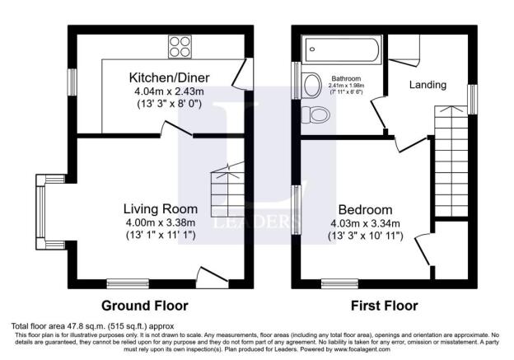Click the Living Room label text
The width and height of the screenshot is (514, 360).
[161, 207]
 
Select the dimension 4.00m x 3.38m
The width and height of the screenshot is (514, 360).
[161, 222]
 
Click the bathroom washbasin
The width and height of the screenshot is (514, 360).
[311, 84]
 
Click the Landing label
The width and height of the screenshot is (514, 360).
[428, 85]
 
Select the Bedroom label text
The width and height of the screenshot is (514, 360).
[364, 209]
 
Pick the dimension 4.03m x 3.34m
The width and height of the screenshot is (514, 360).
[363, 223]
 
